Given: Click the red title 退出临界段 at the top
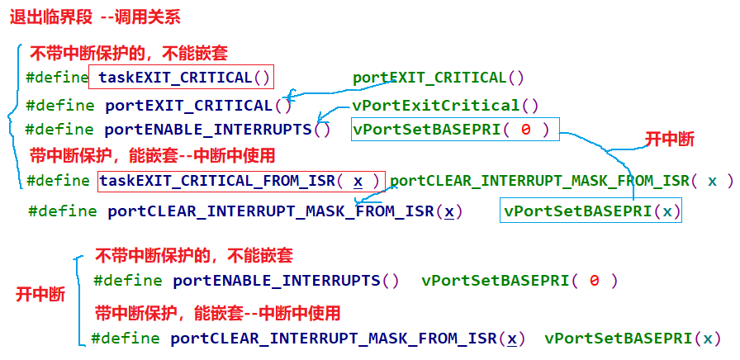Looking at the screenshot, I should click(48, 16).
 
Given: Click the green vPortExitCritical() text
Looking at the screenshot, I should click(445, 105).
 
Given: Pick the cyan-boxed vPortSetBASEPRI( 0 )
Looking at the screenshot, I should click(455, 129).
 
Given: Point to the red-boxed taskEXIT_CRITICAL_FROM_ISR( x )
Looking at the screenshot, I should click(240, 181).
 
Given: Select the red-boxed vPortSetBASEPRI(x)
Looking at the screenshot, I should click(593, 211).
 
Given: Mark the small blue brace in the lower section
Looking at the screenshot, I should click(78, 299).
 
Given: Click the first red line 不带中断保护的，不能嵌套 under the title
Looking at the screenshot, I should click(128, 54).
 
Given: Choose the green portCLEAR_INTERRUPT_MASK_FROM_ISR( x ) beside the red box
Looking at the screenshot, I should click(561, 181).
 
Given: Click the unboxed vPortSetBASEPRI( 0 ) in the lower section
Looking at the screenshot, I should click(519, 280).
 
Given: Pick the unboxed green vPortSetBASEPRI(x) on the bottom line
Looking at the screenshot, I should click(632, 338).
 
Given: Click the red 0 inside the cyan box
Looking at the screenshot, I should click(526, 129).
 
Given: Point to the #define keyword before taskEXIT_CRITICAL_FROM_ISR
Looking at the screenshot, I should click(58, 181).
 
